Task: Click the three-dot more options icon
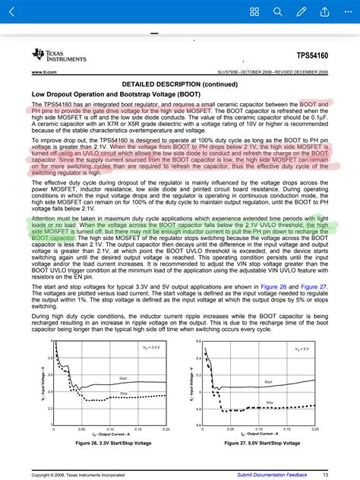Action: [x=346, y=11]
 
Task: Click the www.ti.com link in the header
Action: [x=42, y=72]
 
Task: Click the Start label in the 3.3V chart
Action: [x=122, y=377]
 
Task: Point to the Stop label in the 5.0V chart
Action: [x=269, y=403]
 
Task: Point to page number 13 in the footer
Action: [x=325, y=474]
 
